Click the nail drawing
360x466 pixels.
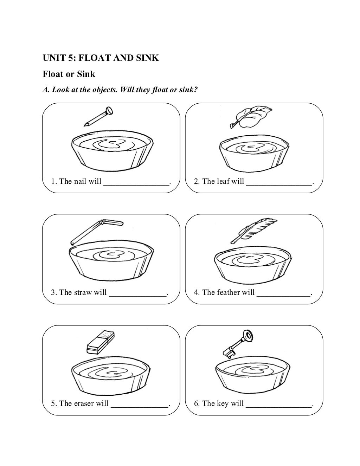pos(98,116)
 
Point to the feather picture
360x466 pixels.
pos(253,231)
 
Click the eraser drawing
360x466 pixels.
pos(101,342)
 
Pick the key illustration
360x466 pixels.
pos(238,344)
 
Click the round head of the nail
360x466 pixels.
pos(110,110)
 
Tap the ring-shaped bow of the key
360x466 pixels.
pos(248,335)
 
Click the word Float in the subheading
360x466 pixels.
pos(53,74)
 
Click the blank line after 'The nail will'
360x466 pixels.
pos(136,185)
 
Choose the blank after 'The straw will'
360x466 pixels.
pos(138,296)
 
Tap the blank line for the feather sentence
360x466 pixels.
pos(283,296)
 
